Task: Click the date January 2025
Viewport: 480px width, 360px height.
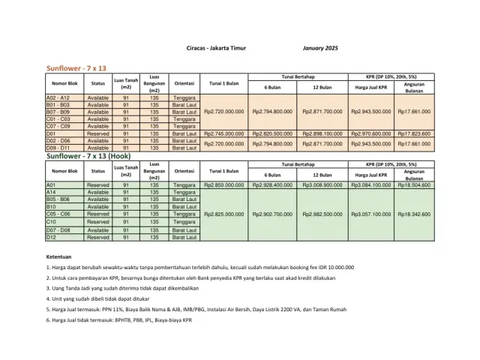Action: point(320,49)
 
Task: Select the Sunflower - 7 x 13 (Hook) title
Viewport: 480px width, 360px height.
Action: point(94,157)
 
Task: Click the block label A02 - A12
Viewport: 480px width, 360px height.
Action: point(58,98)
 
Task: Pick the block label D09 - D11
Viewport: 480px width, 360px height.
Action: point(58,148)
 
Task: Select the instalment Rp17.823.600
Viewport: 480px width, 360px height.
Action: point(414,133)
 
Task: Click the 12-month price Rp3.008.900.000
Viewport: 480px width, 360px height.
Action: point(322,184)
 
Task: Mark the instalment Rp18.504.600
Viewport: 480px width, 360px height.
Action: point(414,184)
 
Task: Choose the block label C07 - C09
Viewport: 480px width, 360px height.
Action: point(58,126)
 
